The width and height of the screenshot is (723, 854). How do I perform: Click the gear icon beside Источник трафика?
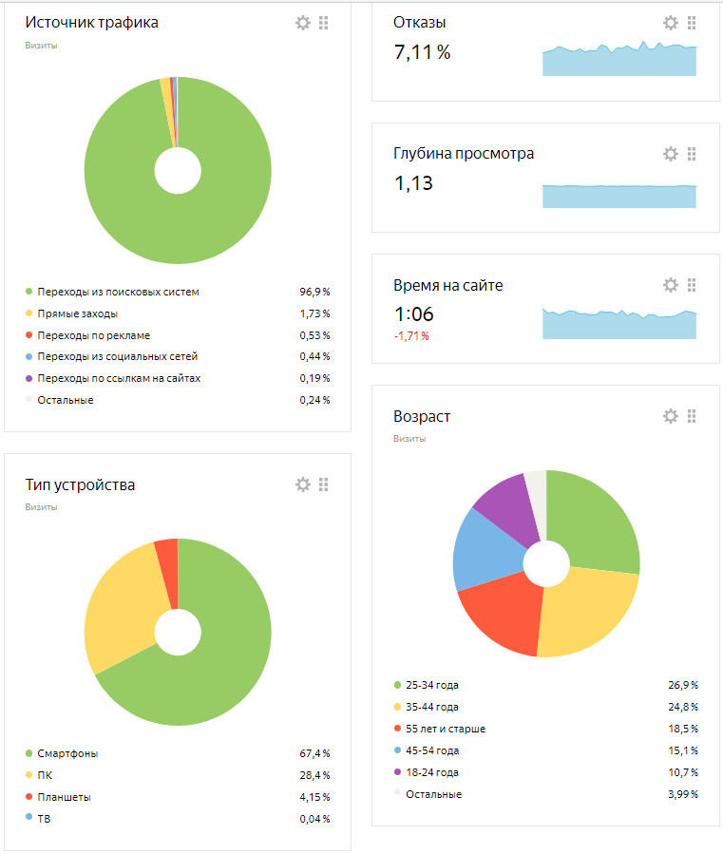(303, 23)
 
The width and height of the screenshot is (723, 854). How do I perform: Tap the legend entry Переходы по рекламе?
(93, 335)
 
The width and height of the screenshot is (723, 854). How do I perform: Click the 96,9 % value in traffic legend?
(314, 292)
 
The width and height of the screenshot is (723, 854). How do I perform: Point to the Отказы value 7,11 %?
(422, 52)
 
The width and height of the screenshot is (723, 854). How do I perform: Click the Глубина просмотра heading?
(464, 154)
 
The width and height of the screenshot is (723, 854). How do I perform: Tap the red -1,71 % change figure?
(411, 336)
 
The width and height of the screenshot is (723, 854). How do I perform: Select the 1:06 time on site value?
(414, 313)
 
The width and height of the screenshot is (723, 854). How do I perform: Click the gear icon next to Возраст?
(671, 416)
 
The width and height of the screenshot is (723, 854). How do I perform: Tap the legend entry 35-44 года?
(431, 707)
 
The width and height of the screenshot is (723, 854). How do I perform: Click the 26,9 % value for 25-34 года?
(682, 685)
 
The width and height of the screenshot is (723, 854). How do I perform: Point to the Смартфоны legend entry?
(67, 753)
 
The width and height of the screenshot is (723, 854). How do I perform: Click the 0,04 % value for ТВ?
(314, 819)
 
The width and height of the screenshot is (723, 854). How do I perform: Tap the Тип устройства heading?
(80, 485)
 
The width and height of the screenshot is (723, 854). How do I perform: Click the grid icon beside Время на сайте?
(692, 285)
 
